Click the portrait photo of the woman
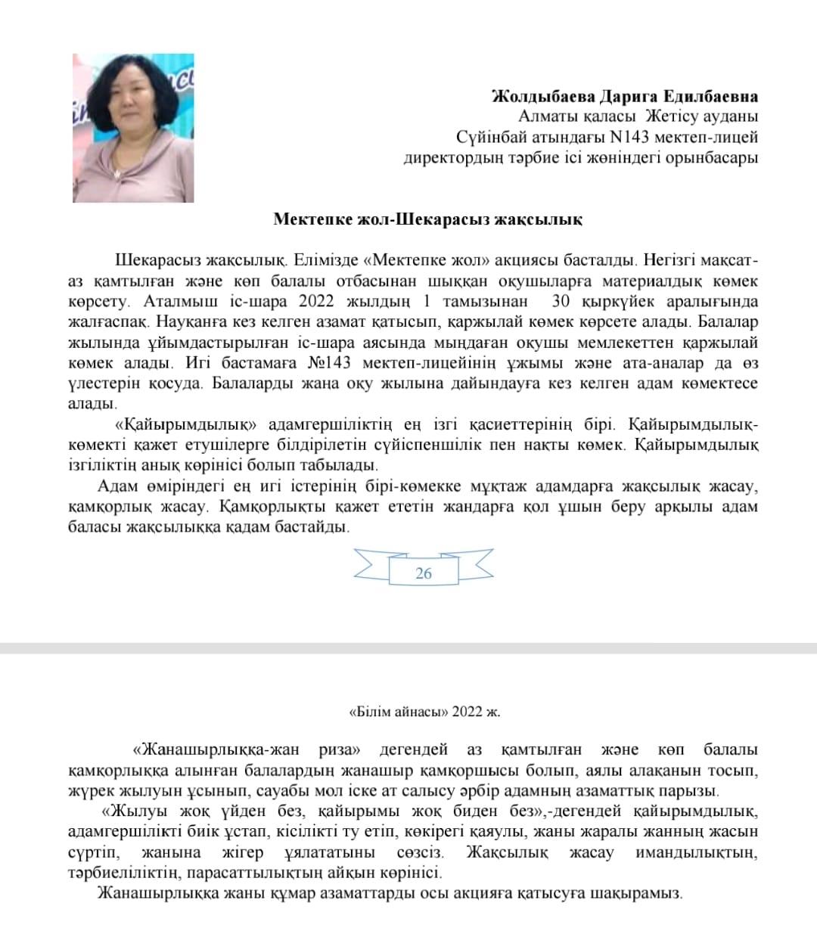133,128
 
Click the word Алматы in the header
545,117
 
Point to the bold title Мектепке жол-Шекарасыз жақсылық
428,219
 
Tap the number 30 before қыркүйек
561,301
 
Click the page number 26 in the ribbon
424,573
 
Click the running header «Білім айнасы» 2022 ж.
424,712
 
